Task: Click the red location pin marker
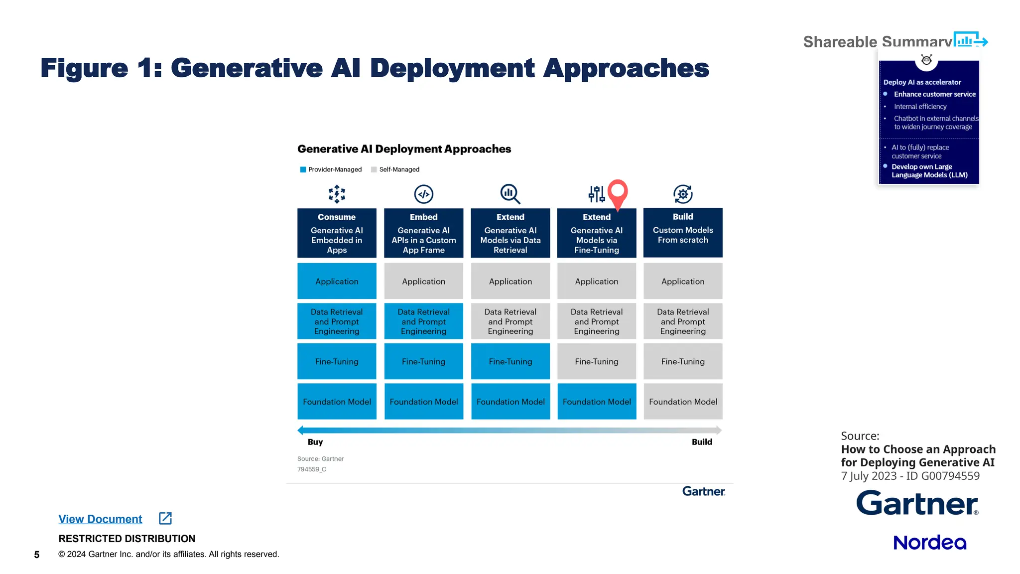[618, 192]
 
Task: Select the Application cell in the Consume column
[337, 281]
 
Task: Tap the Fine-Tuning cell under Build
[683, 361]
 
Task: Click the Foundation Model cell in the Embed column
[423, 401]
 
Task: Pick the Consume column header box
[337, 233]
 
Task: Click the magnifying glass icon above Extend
[510, 194]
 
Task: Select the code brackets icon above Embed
[423, 194]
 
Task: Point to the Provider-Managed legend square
[303, 169]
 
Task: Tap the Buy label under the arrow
[315, 442]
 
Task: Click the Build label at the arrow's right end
[702, 442]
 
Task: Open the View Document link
[100, 519]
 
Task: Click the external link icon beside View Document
[165, 518]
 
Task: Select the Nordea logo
[929, 542]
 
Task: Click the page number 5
[36, 555]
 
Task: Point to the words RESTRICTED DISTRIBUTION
[127, 539]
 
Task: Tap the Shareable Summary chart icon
[970, 40]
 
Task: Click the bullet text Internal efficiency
[920, 107]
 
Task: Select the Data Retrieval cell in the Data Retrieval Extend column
[510, 321]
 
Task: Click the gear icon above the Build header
[683, 194]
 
